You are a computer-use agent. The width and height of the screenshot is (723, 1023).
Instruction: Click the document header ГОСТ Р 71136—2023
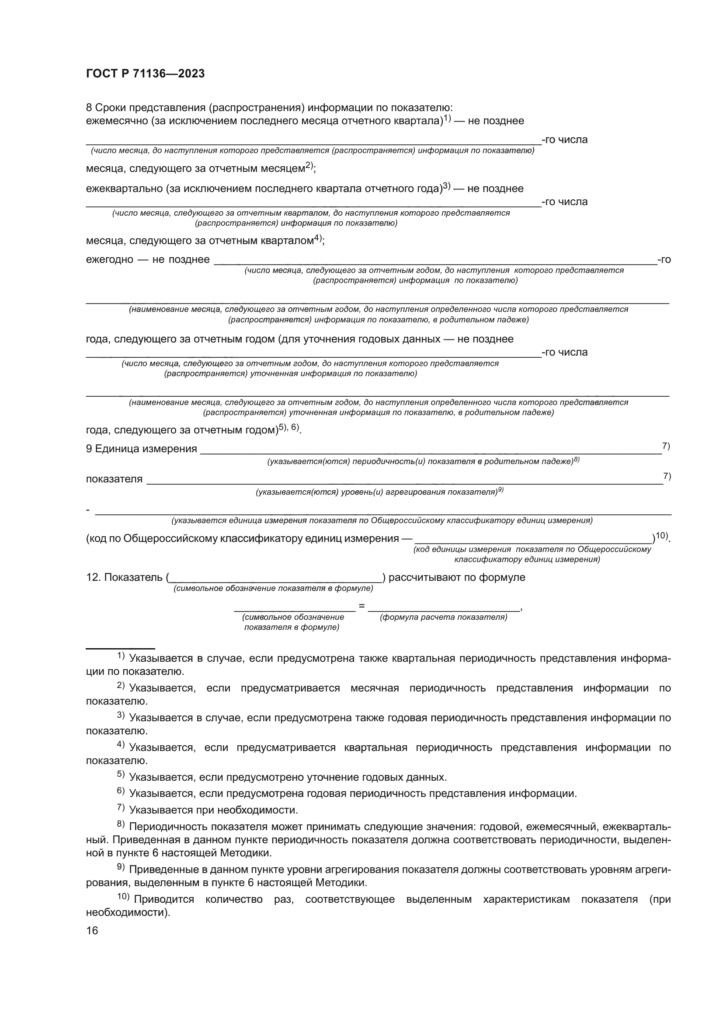pos(145,74)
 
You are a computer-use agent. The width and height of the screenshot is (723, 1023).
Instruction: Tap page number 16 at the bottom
pos(92,930)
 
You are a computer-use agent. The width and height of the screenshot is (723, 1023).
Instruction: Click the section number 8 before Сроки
pos(89,108)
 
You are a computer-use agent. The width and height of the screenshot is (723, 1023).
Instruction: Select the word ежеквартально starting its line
pos(124,189)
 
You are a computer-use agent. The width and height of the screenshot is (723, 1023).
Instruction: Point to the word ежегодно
pos(110,260)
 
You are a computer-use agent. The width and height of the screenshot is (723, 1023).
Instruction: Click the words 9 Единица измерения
pos(141,449)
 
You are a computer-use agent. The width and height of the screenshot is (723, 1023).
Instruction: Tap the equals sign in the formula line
pos(361,606)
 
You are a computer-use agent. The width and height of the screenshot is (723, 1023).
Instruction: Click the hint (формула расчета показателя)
pos(443,618)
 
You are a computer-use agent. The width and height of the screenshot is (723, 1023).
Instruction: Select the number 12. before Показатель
pos(94,577)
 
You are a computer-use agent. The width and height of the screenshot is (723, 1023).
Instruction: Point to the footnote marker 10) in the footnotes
pos(123,897)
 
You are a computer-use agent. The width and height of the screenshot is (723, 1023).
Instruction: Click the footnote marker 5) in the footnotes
pos(121,775)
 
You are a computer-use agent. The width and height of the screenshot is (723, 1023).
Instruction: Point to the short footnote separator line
pos(120,649)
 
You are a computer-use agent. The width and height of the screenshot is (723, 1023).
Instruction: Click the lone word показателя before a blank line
pos(114,479)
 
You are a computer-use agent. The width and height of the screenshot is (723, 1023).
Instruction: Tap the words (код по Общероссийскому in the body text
pos(151,539)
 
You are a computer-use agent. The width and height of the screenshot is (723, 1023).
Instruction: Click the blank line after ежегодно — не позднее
pos(435,263)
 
